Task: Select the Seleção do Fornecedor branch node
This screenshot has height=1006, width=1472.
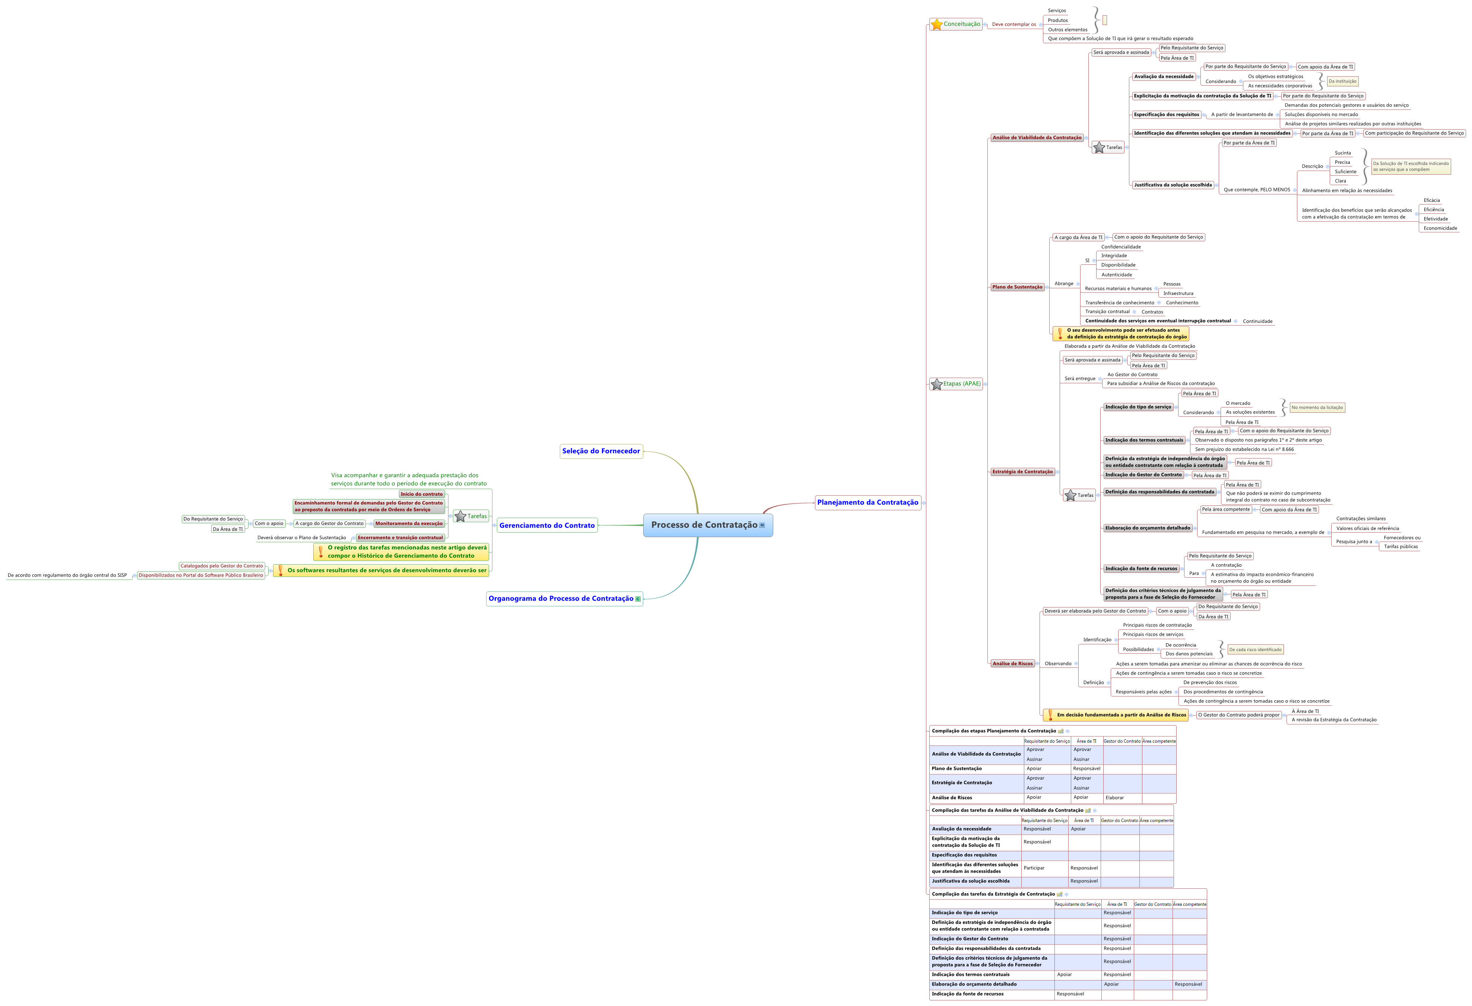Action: point(601,451)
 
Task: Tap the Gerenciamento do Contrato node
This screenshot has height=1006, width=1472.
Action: point(547,525)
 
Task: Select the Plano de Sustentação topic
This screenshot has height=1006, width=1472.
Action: point(1017,287)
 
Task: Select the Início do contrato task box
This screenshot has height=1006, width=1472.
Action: point(421,494)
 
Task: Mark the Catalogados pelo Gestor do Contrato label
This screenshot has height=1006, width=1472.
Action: point(222,566)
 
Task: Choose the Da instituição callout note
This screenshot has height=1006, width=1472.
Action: point(1342,81)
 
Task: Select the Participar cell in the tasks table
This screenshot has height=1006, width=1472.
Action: point(1034,868)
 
